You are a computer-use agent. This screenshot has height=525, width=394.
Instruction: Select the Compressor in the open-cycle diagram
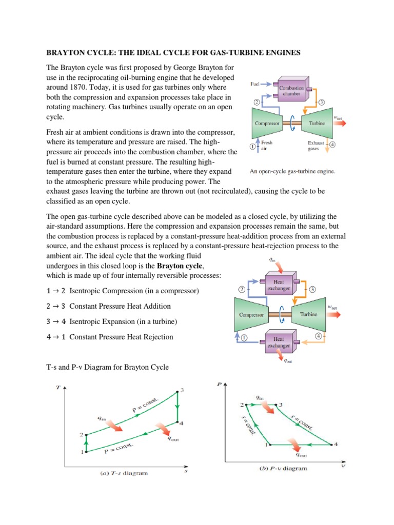pyautogui.click(x=267, y=124)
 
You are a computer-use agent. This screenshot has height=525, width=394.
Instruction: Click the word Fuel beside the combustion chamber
pyautogui.click(x=255, y=84)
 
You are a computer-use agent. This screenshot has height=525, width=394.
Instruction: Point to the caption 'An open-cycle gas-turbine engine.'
pyautogui.click(x=292, y=172)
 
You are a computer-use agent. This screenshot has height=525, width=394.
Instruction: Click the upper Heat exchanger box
pyautogui.click(x=279, y=285)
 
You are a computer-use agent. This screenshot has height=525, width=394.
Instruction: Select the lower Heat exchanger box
pyautogui.click(x=279, y=342)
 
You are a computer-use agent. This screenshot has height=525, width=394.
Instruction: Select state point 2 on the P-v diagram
pyautogui.click(x=246, y=405)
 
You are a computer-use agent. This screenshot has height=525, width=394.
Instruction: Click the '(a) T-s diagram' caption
pyautogui.click(x=123, y=473)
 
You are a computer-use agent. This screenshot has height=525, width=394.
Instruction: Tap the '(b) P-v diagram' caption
pyautogui.click(x=281, y=468)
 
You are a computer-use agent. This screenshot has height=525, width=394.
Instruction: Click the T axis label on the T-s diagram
pyautogui.click(x=57, y=388)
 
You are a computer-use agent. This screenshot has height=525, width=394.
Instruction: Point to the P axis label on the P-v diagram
pyautogui.click(x=219, y=383)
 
